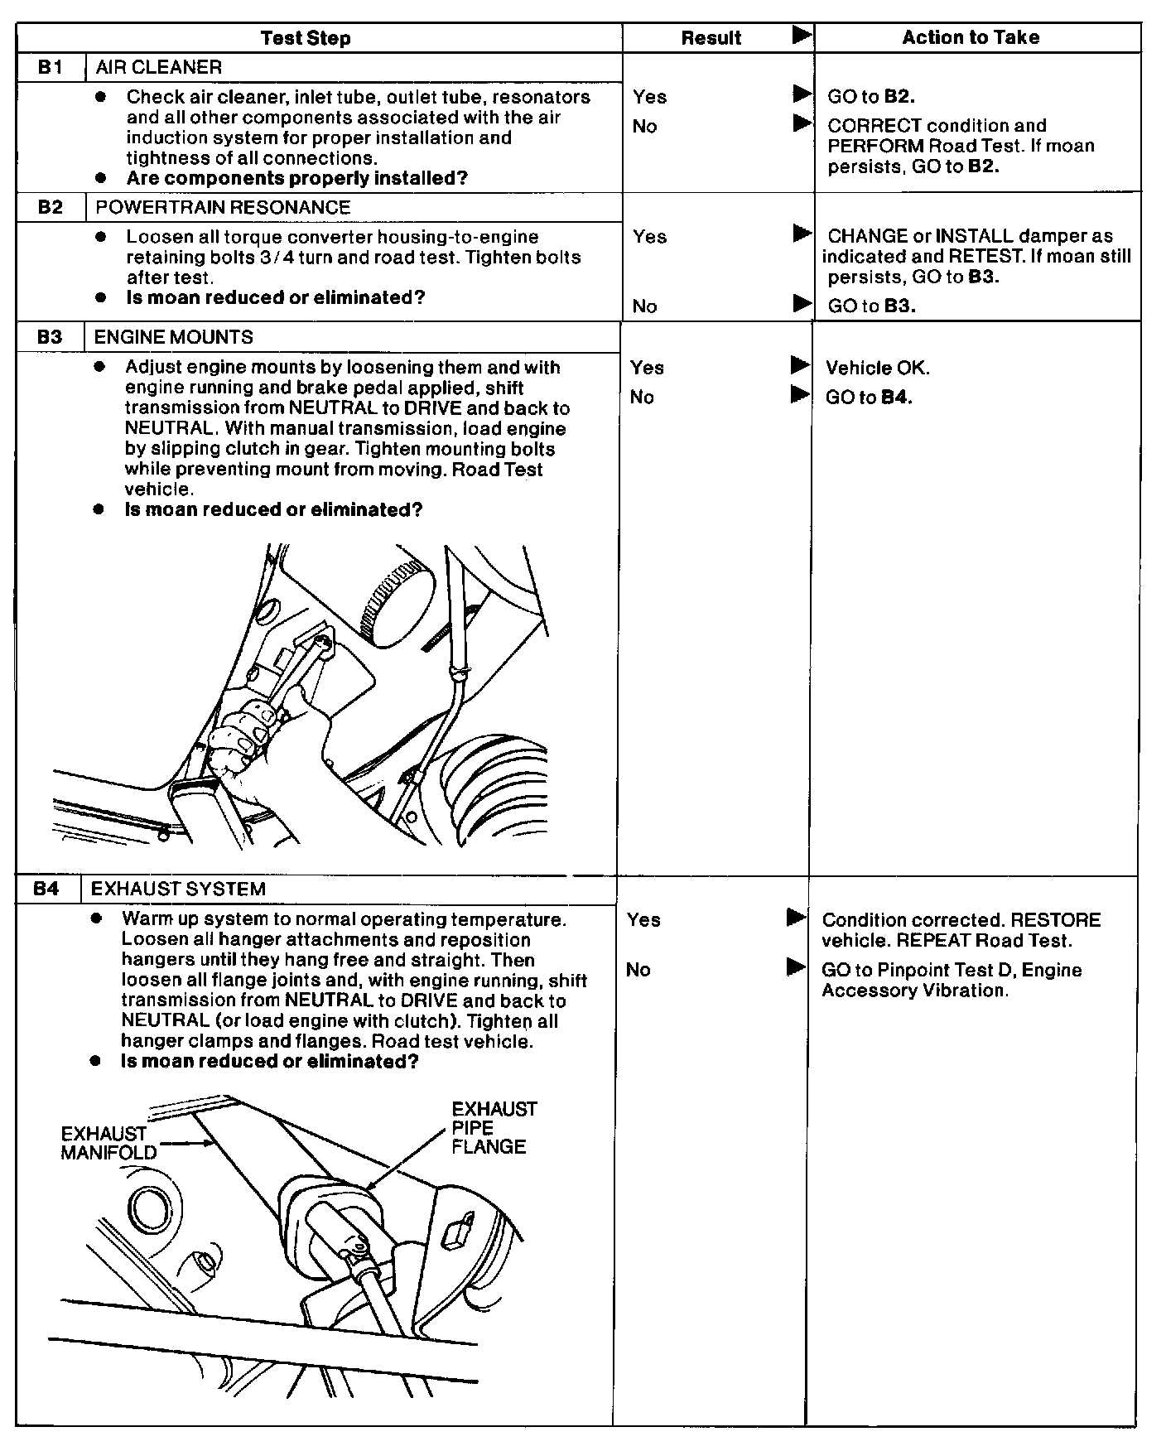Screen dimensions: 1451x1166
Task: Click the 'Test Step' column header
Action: click(x=305, y=38)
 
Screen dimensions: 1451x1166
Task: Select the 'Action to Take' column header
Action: click(x=971, y=37)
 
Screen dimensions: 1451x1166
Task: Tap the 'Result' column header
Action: click(x=711, y=38)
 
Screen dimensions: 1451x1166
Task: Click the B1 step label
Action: click(x=51, y=67)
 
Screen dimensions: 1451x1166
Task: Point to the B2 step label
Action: click(x=51, y=207)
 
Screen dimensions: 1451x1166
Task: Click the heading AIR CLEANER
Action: click(x=159, y=67)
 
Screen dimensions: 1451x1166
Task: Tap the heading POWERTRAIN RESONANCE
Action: click(x=223, y=207)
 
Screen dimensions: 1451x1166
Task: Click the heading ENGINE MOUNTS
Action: click(x=173, y=337)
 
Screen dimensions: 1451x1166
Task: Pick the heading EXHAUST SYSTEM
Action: click(x=178, y=889)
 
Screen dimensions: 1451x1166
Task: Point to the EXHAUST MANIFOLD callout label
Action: click(x=108, y=1143)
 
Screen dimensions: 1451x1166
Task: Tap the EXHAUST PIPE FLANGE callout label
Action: click(x=494, y=1128)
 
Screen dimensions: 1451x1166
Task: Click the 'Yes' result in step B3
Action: click(x=647, y=368)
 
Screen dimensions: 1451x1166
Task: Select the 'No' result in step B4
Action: click(x=638, y=970)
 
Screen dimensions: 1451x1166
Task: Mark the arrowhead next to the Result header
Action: click(x=802, y=36)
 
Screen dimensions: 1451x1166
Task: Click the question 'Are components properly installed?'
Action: click(x=296, y=178)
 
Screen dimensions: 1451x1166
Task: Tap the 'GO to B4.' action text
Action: click(x=869, y=398)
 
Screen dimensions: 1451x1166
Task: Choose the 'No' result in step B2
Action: click(x=644, y=306)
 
